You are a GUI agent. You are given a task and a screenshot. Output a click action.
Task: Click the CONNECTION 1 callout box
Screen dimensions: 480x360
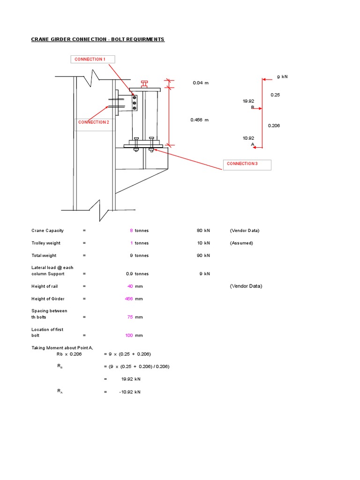pos(92,59)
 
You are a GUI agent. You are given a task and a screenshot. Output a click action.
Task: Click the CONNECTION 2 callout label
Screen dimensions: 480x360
pos(93,122)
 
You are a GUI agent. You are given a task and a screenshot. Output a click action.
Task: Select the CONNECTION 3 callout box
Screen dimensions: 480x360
pos(247,164)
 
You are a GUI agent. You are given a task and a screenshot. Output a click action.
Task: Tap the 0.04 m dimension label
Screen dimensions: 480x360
pos(200,83)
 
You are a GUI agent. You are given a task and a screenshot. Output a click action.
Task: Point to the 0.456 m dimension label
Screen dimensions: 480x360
pos(199,120)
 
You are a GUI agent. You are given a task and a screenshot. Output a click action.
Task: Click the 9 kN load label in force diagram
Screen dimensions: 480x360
pos(282,76)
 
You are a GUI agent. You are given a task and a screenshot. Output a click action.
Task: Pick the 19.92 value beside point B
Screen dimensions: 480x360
pos(248,101)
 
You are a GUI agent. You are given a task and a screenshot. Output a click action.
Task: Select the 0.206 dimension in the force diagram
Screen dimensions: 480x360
pos(274,126)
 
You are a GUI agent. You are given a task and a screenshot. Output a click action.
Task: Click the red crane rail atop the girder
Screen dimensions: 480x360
pos(144,83)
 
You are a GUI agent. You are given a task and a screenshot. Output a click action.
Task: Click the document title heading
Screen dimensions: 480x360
pos(98,39)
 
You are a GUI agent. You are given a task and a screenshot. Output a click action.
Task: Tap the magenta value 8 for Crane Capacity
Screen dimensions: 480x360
pos(131,231)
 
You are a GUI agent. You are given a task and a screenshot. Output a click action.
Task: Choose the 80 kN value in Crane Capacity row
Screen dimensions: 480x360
pos(203,231)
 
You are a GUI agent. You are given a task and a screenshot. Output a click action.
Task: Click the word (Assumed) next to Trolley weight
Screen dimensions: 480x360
pos(241,243)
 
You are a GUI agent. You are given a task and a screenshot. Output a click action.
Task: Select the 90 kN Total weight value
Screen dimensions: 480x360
pos(203,255)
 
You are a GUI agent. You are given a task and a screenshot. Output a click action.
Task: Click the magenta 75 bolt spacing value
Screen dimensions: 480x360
pos(130,317)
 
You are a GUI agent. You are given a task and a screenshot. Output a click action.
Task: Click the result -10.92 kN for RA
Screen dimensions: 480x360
pos(130,392)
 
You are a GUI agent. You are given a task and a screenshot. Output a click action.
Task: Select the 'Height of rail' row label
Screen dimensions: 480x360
pos(45,286)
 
